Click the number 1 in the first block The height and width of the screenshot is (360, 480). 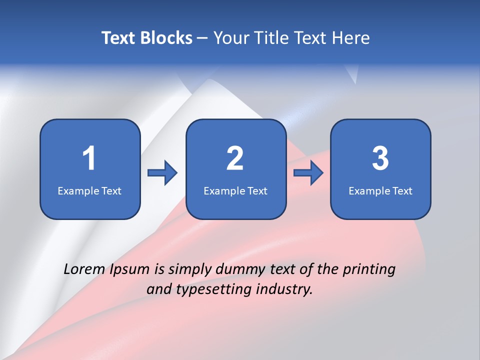coord(89,158)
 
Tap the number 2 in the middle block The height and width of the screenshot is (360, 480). coord(235,158)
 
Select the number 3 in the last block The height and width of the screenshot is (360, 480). coord(380,158)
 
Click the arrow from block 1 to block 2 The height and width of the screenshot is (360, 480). coord(162,173)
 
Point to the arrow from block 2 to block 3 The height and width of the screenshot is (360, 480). coord(308,173)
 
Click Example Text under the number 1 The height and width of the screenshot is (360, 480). coord(89,190)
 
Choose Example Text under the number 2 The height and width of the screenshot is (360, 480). coord(235,190)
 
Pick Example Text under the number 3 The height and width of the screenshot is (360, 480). coord(380,190)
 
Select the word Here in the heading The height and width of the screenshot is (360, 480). coord(351,38)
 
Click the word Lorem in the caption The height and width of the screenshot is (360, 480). coord(84,269)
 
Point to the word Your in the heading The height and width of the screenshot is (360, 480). coord(230,38)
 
